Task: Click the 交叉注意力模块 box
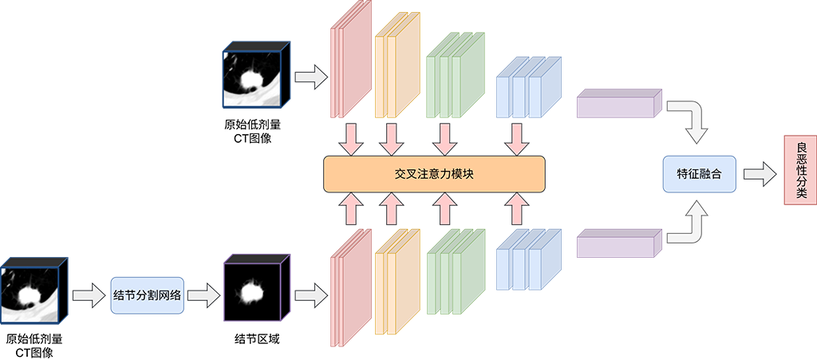pyautogui.click(x=434, y=173)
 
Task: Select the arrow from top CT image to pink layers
pyautogui.click(x=311, y=78)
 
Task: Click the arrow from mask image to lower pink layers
pyautogui.click(x=311, y=295)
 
